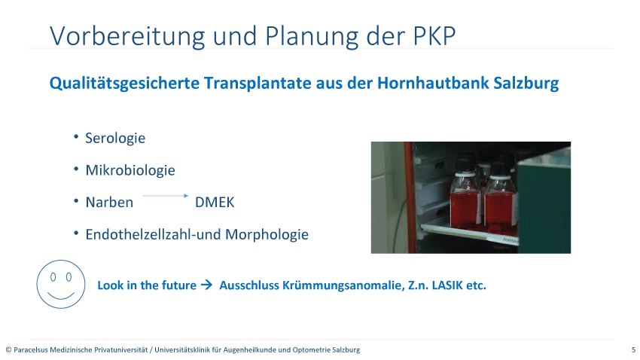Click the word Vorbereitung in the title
127,37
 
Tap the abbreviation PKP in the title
434,36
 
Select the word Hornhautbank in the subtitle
433,83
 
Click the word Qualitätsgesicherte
124,84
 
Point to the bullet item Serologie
115,138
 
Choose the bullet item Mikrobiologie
130,170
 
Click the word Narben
109,203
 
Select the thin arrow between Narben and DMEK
166,196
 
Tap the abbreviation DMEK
215,203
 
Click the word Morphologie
267,235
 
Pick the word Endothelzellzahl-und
154,234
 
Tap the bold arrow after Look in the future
207,285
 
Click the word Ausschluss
249,285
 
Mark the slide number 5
633,349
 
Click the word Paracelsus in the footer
31,349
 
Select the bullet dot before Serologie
76,137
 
